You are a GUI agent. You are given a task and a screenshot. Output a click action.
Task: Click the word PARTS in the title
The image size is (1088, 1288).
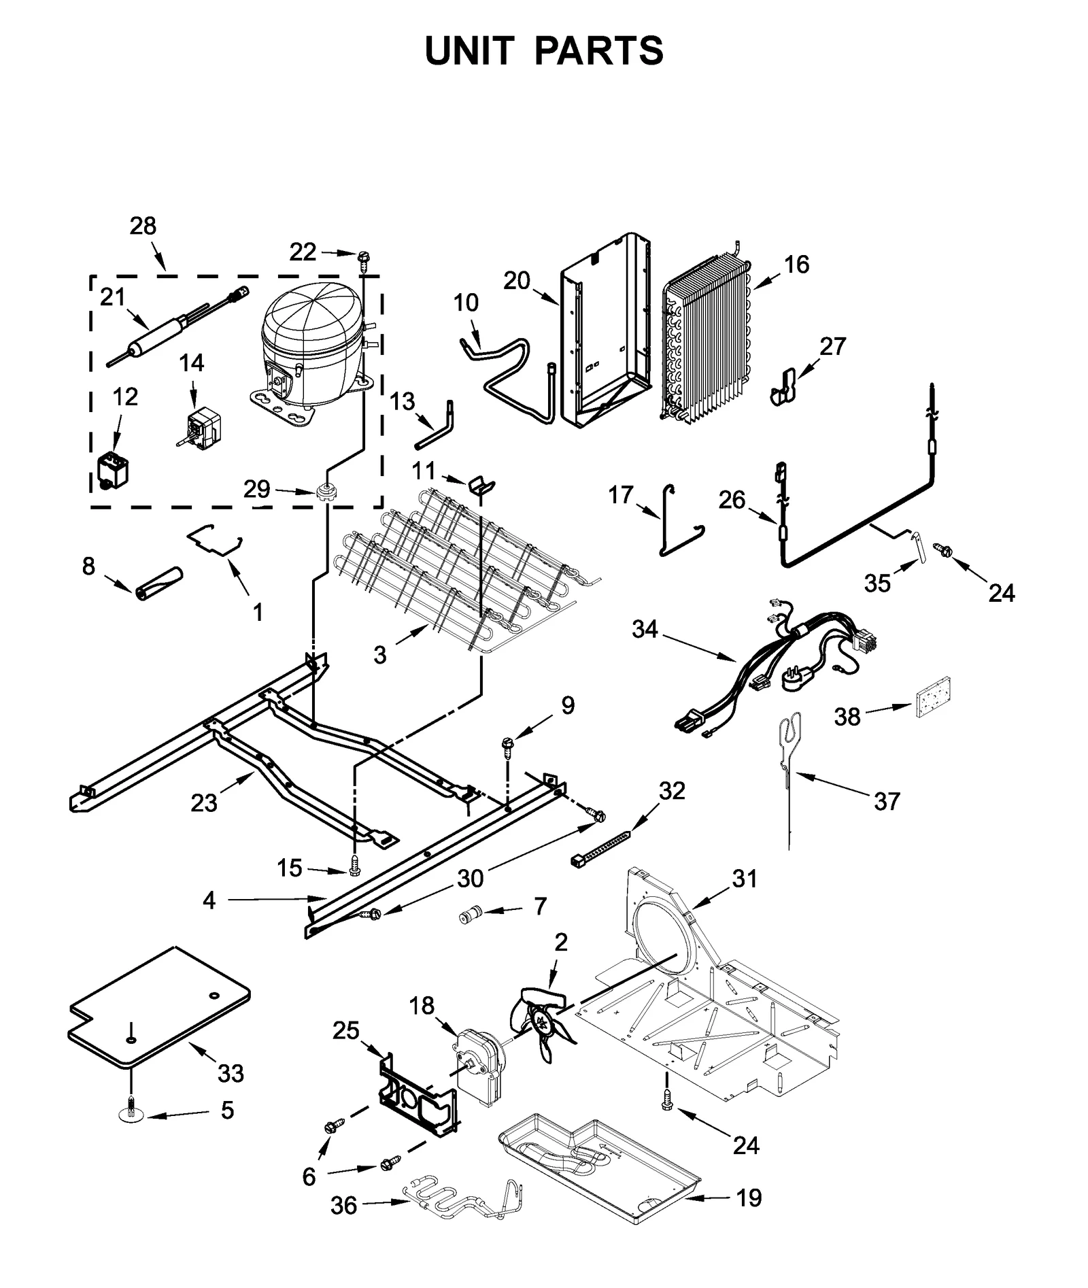598,50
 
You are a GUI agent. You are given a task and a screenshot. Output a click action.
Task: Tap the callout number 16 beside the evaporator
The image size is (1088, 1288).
796,264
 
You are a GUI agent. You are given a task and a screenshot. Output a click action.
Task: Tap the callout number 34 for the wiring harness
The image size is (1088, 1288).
644,629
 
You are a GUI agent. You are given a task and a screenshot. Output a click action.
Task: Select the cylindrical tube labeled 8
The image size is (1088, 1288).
158,584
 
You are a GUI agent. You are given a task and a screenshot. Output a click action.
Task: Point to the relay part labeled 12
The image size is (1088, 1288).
112,469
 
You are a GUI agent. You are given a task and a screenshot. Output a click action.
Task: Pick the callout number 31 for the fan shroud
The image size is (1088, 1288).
745,879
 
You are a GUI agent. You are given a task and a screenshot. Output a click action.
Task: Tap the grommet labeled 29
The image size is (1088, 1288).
327,490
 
